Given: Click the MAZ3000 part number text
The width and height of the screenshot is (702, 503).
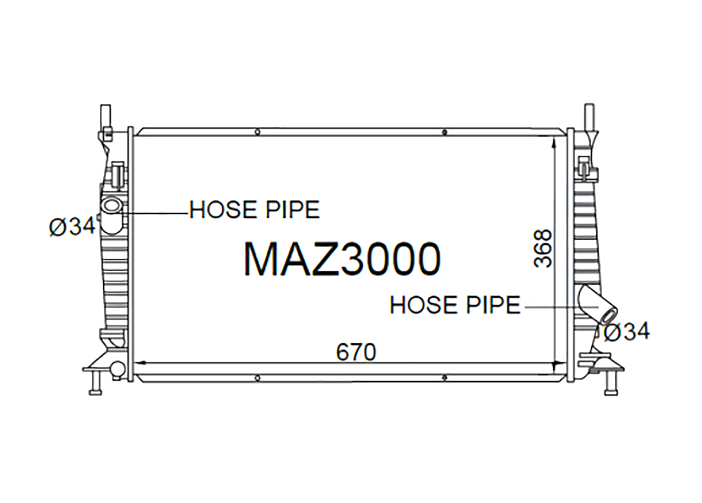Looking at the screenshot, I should [342, 259].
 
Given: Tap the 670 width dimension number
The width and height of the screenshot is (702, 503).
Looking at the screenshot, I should [356, 352].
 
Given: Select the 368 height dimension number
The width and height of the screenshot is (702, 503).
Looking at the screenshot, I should [543, 249].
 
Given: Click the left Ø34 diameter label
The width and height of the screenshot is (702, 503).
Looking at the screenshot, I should [73, 227].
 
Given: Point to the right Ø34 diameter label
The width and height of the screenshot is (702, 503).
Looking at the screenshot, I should [627, 332].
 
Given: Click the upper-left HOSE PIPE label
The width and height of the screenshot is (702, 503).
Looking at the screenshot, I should [255, 210].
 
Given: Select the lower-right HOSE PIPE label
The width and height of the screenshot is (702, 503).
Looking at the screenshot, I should [455, 305].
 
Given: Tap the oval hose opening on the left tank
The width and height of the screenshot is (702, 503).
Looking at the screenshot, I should [111, 206].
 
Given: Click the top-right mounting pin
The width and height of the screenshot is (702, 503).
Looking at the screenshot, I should [589, 114].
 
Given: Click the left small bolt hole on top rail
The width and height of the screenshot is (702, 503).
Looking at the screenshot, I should [257, 133].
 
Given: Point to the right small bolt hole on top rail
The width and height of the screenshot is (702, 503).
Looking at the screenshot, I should [444, 133].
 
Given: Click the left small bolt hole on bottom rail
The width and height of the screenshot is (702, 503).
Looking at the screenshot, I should [257, 377].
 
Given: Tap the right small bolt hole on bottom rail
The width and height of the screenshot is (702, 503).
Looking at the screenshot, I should [444, 377].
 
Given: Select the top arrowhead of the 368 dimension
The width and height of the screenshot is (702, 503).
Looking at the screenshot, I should [554, 141].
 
